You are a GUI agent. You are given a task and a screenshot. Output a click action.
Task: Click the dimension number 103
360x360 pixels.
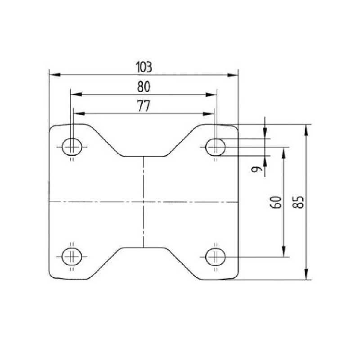coord(144,67)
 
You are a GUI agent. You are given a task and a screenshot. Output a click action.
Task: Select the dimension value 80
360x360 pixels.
coord(144,87)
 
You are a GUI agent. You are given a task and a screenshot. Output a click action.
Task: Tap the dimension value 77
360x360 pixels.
coord(144,106)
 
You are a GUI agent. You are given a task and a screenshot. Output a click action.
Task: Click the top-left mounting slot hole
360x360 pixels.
coord(72,147)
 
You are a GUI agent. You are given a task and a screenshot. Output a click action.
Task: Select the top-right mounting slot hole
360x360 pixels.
coord(216,147)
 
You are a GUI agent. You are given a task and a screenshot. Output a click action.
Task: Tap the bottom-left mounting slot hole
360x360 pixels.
coord(72,256)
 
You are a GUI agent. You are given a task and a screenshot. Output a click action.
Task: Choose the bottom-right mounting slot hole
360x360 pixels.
coord(216,256)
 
